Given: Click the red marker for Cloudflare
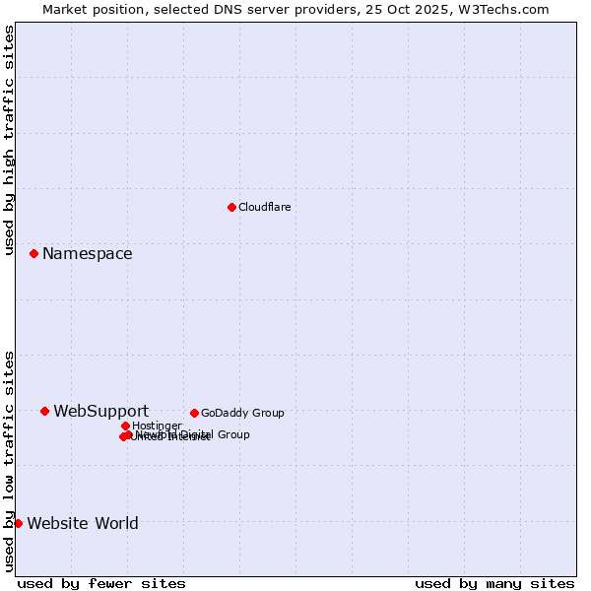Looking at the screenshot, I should coord(231,207).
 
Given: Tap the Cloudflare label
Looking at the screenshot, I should coord(264,207).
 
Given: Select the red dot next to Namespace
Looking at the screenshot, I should coord(33,253).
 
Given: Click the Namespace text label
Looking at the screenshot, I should coord(87,254).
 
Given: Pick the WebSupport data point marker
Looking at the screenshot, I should coord(44,411).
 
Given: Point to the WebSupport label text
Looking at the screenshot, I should coord(100,412).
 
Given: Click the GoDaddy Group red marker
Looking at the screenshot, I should coord(194,413).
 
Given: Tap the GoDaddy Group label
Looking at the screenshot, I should coord(241,413).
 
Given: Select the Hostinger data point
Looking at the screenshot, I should coord(125,426).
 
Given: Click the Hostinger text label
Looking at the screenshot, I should coord(157,427).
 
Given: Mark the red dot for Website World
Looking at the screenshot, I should coord(18,523).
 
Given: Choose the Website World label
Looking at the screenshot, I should coord(83,524).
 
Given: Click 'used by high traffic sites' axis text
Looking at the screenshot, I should coord(10,140).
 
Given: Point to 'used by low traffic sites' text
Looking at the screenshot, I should coord(10,460).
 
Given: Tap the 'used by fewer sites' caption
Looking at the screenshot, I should coord(101,583).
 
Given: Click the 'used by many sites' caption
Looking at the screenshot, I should coord(494,583).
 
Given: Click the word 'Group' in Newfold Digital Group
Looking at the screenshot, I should coord(232,434).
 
